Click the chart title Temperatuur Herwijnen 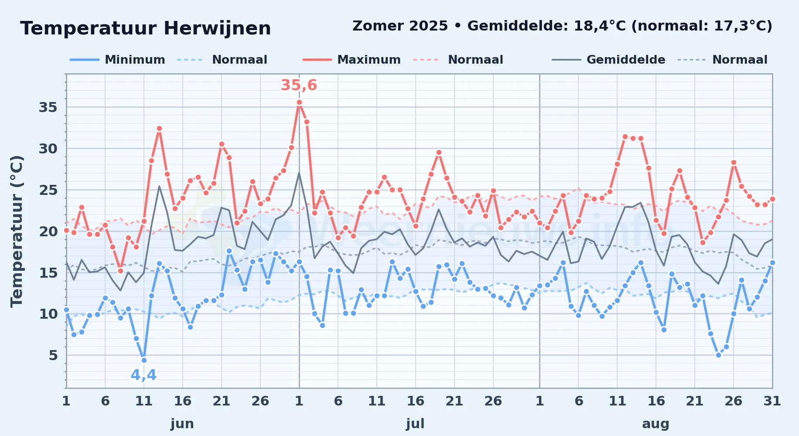[x=146, y=28]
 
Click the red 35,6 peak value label [x=299, y=85]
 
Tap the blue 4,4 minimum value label [x=143, y=375]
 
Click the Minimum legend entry [x=117, y=60]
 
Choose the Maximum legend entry [x=352, y=60]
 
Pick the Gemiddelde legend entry [x=608, y=60]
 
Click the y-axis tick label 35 [x=48, y=107]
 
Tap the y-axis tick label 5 [x=53, y=355]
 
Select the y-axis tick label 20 [x=48, y=231]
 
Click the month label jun [x=182, y=423]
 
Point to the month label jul [x=415, y=423]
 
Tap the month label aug [x=656, y=423]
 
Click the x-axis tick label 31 [x=772, y=401]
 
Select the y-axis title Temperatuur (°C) [x=17, y=231]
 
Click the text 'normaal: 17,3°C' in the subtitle [x=702, y=26]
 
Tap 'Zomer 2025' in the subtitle [x=400, y=26]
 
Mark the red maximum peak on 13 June [x=159, y=129]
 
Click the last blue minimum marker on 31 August [x=772, y=262]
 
